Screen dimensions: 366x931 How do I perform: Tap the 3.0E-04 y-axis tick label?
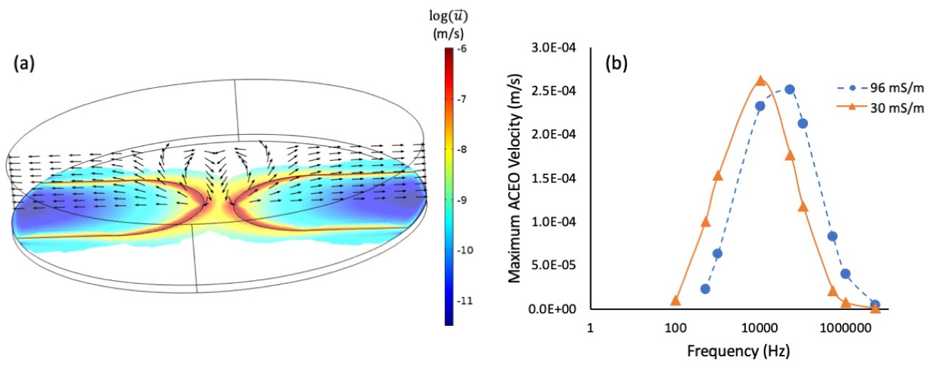(553, 48)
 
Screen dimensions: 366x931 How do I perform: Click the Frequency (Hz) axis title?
(738, 351)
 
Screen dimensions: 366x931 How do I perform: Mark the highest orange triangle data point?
(760, 80)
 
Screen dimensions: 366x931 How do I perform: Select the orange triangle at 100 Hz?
(675, 301)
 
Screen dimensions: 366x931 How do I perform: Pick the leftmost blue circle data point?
(705, 289)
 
